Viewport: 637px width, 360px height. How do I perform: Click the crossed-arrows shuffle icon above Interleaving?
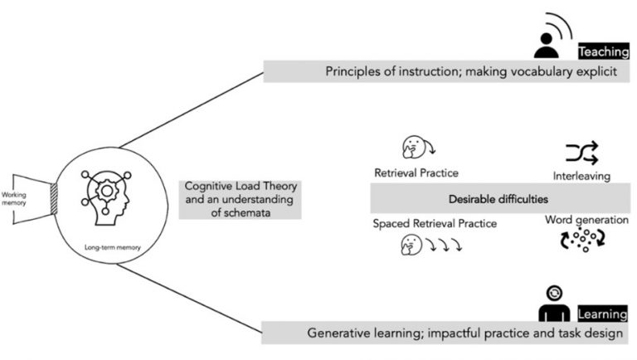581,153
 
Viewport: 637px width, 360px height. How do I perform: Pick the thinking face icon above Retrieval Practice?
412,148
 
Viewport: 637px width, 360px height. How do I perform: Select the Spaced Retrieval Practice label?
425,223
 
